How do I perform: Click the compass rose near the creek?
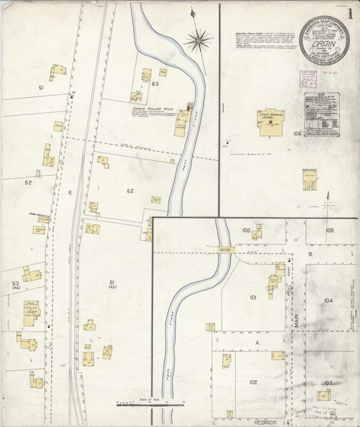[197, 41]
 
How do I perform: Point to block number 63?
[155, 84]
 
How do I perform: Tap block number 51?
[41, 88]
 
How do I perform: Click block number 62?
[130, 191]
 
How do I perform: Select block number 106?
[297, 134]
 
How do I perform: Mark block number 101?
[253, 297]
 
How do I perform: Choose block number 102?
[253, 382]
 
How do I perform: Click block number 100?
[246, 230]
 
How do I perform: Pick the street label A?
[257, 343]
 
